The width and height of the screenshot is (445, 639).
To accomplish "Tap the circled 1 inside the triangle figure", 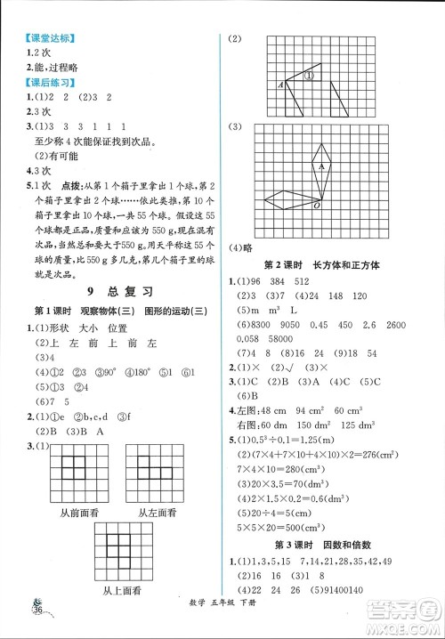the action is pos(302,77).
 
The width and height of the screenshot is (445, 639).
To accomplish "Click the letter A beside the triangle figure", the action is pos(281,85).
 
